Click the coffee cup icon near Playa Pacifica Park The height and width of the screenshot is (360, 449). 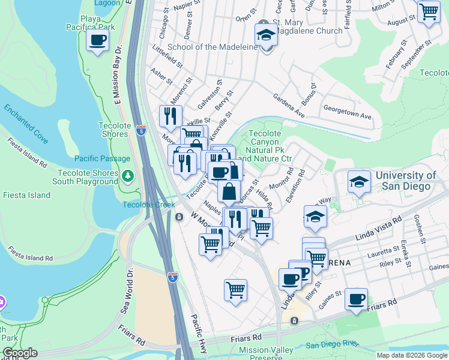[98, 41]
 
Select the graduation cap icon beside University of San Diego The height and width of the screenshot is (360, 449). [359, 183]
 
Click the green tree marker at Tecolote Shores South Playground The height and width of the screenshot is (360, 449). [127, 176]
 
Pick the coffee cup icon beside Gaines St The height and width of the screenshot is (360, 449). [357, 299]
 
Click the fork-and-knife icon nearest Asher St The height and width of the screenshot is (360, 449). [171, 115]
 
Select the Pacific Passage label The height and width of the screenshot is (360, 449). [103, 158]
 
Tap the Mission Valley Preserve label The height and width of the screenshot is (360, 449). [266, 353]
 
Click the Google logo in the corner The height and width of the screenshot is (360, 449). [20, 353]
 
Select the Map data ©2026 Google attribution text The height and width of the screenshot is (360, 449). [411, 355]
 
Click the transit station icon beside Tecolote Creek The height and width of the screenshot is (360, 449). [179, 217]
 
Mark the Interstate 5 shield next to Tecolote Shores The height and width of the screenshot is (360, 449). [140, 131]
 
